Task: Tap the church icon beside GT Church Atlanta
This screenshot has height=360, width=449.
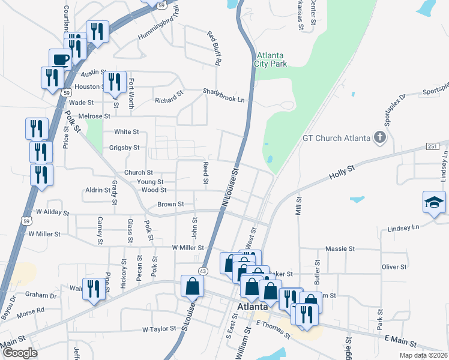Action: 379,138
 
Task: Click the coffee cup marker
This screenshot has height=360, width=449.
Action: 60,59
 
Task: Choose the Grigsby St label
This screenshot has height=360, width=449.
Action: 124,148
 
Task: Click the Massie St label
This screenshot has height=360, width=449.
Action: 340,248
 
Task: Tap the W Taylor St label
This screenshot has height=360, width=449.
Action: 158,329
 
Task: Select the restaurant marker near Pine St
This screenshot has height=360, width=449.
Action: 93,290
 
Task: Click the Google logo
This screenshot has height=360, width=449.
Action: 19,353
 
